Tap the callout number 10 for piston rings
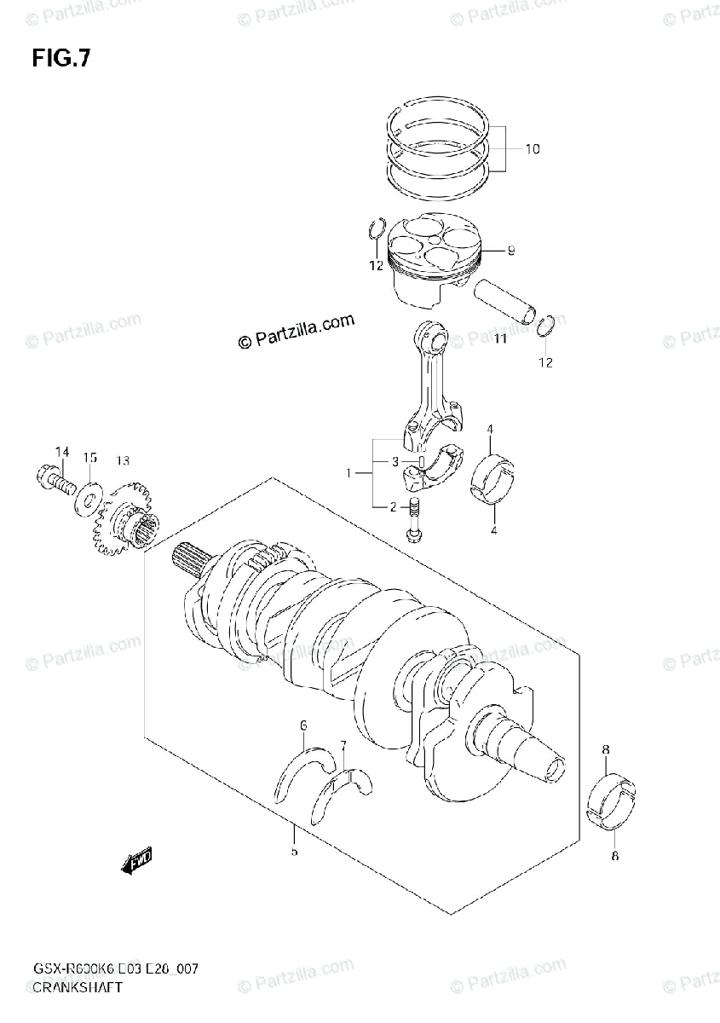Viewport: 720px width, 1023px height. [x=532, y=149]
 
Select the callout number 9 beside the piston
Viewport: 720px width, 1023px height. [x=510, y=251]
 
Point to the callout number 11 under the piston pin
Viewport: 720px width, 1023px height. [x=499, y=339]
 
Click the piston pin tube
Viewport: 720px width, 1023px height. [x=506, y=302]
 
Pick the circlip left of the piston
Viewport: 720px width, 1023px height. [x=376, y=231]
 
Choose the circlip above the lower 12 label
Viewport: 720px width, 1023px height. [x=549, y=327]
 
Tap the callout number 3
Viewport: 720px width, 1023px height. [x=395, y=462]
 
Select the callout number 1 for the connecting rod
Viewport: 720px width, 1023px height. [x=348, y=472]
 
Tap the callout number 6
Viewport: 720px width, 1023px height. [x=302, y=725]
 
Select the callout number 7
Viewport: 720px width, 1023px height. [x=343, y=747]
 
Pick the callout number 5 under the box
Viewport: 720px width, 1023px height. [x=294, y=852]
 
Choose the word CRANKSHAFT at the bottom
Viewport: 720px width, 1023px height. [x=78, y=988]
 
